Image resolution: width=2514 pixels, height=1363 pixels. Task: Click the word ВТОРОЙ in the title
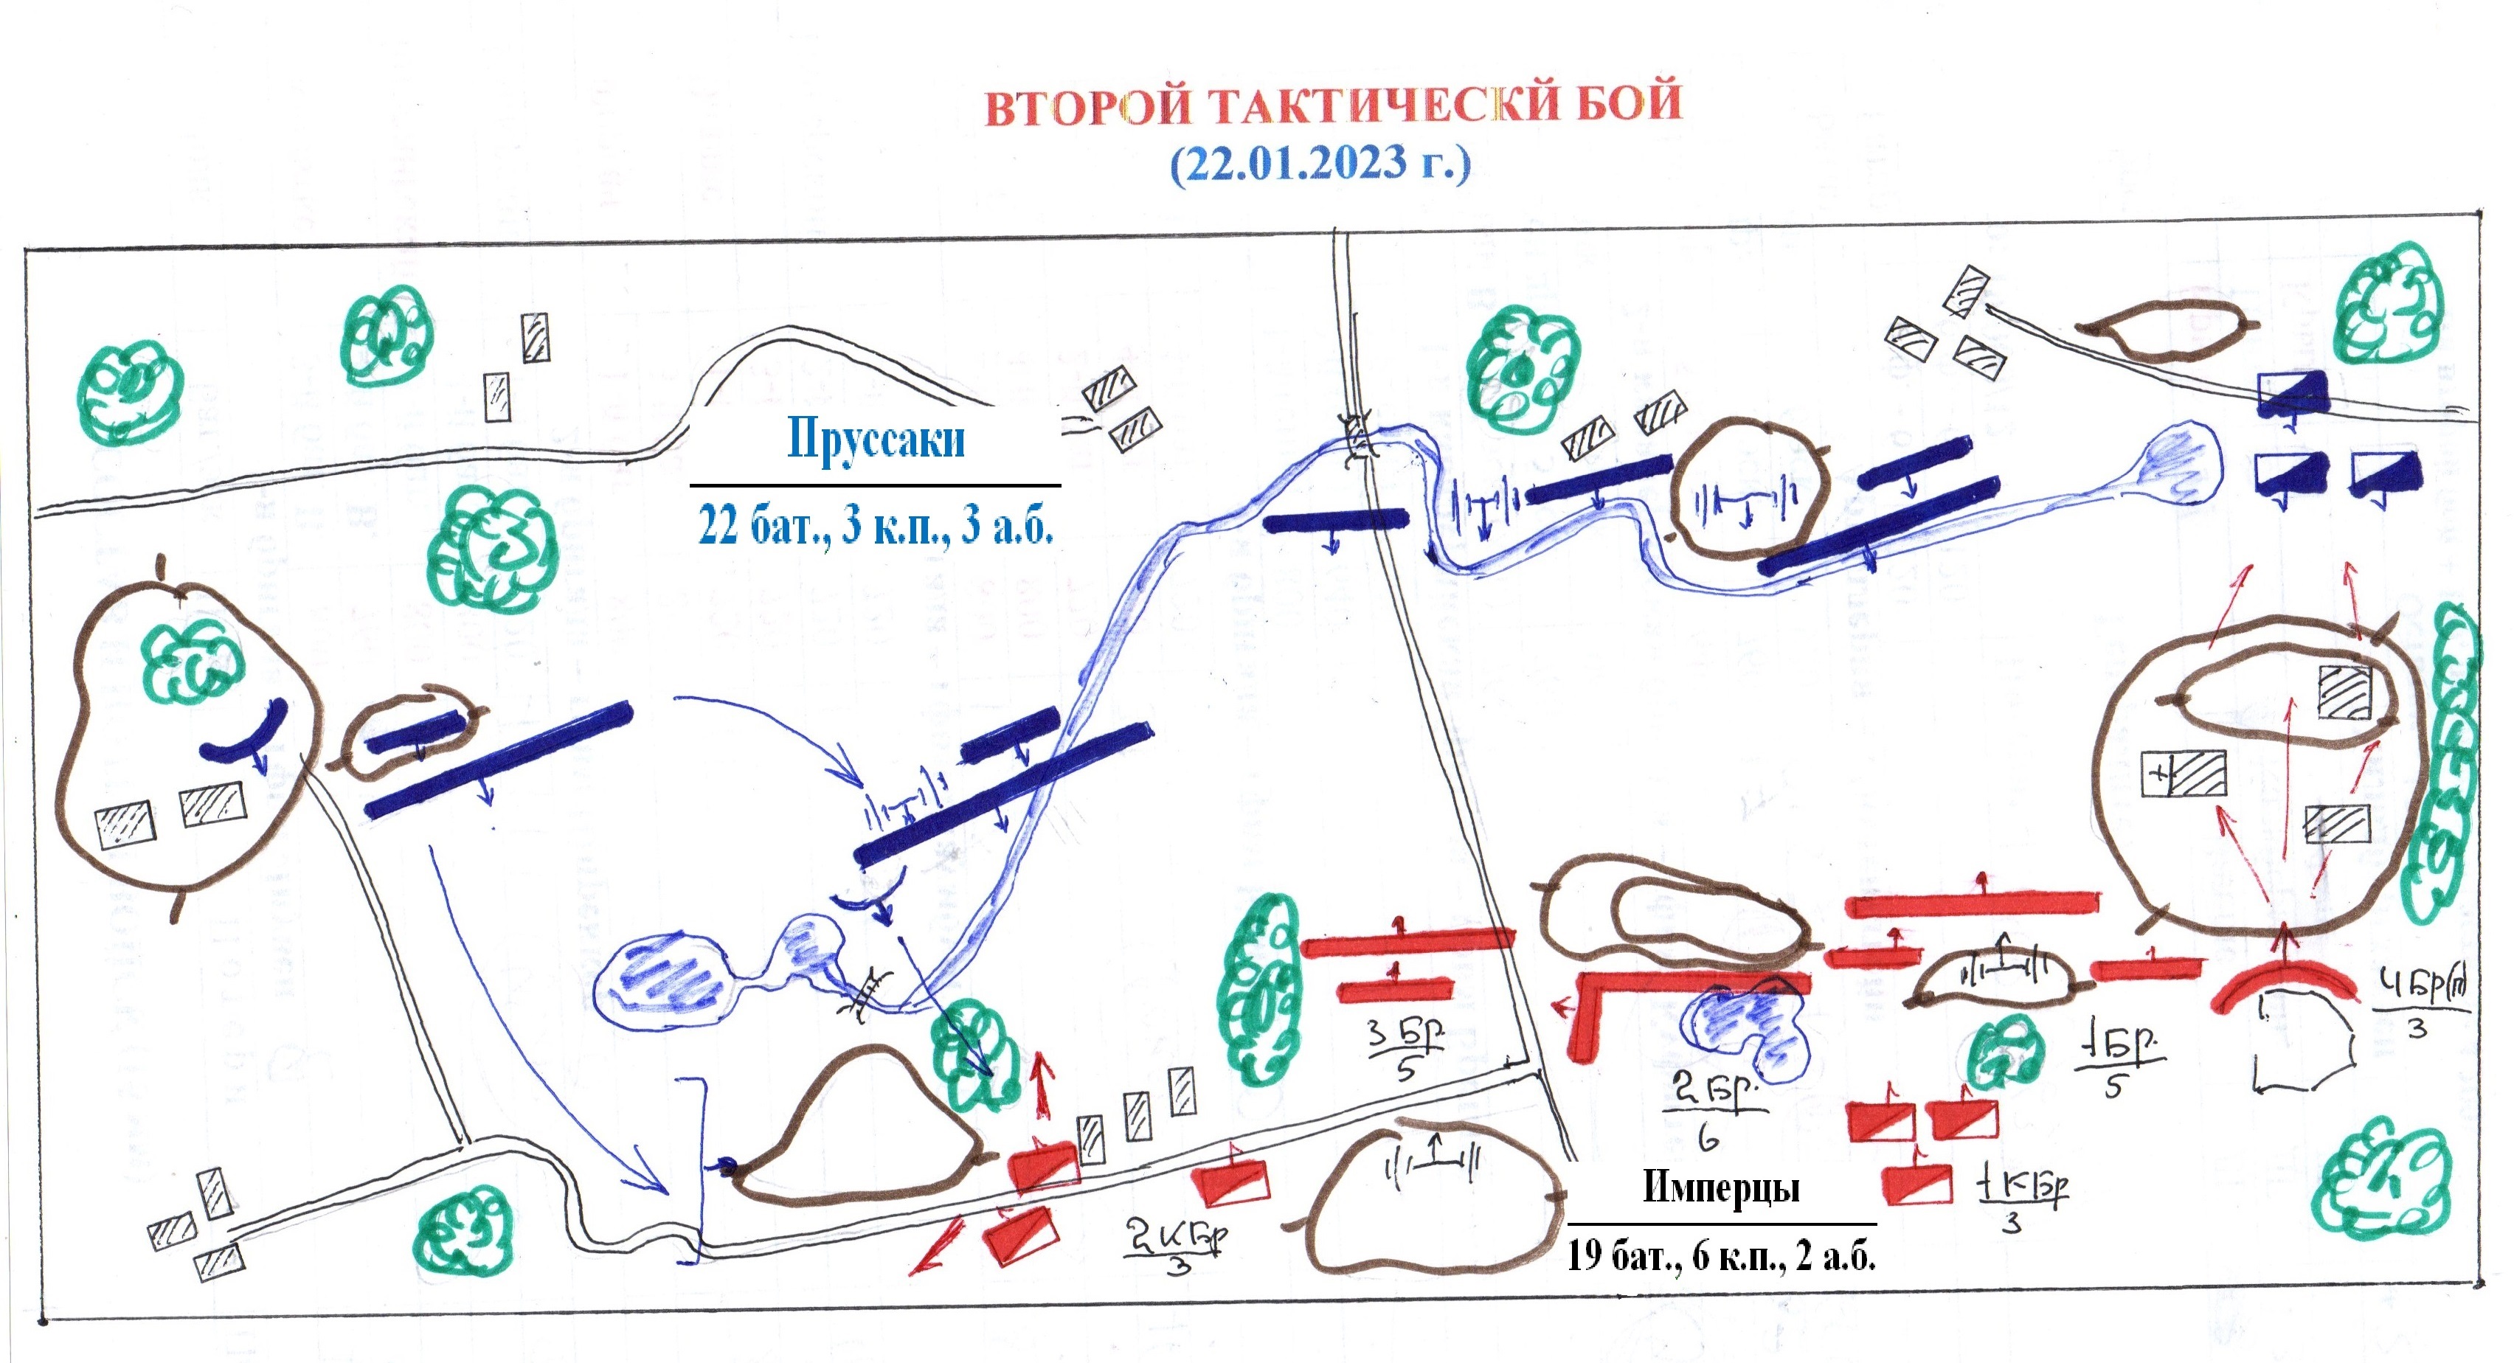[x=1088, y=105]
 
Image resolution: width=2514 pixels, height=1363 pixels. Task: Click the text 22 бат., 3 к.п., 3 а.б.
[x=876, y=526]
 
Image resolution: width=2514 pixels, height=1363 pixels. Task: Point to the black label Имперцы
[x=1720, y=1187]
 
